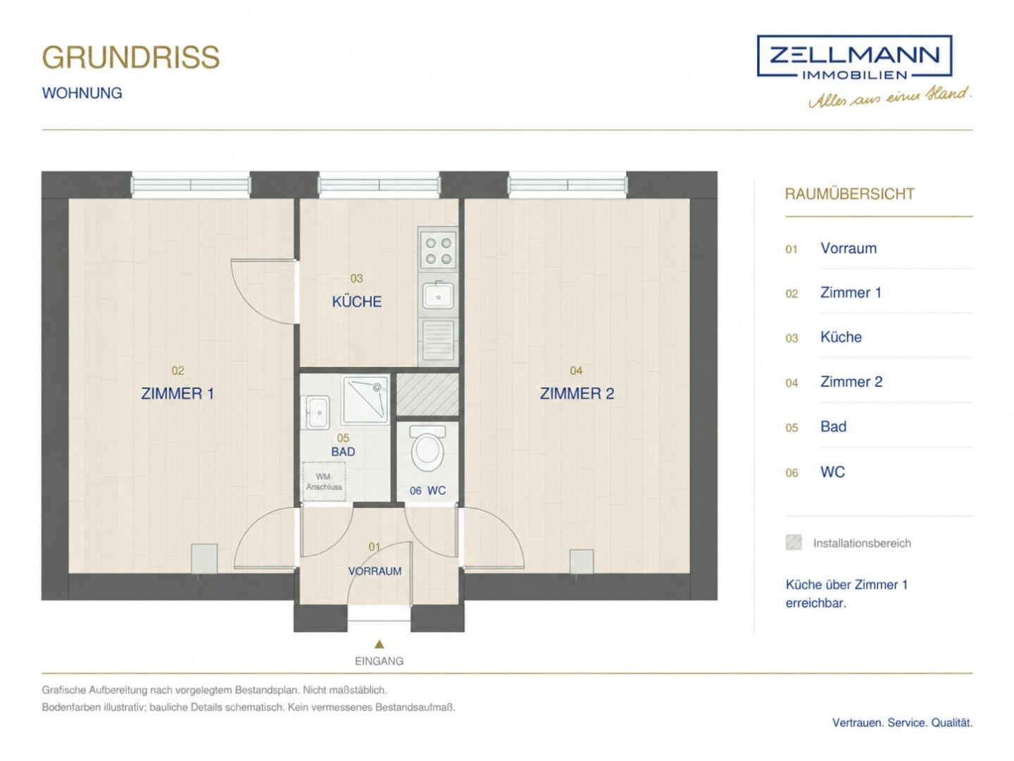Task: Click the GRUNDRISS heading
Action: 131,57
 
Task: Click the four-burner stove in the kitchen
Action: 438,249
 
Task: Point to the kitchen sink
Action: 438,295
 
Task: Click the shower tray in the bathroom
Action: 365,399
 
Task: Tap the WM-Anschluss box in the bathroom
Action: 324,481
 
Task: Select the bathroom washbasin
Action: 316,412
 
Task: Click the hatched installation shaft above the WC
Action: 427,394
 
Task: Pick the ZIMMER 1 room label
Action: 177,394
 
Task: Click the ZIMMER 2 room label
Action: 577,394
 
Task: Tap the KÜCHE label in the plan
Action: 356,302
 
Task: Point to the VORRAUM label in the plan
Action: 375,571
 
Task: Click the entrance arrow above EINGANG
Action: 380,644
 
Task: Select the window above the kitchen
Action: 380,185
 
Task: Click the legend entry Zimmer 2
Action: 851,382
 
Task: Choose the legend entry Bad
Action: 833,426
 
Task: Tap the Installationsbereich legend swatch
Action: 794,543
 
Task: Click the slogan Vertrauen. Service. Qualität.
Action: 902,723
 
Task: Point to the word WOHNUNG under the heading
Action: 82,93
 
